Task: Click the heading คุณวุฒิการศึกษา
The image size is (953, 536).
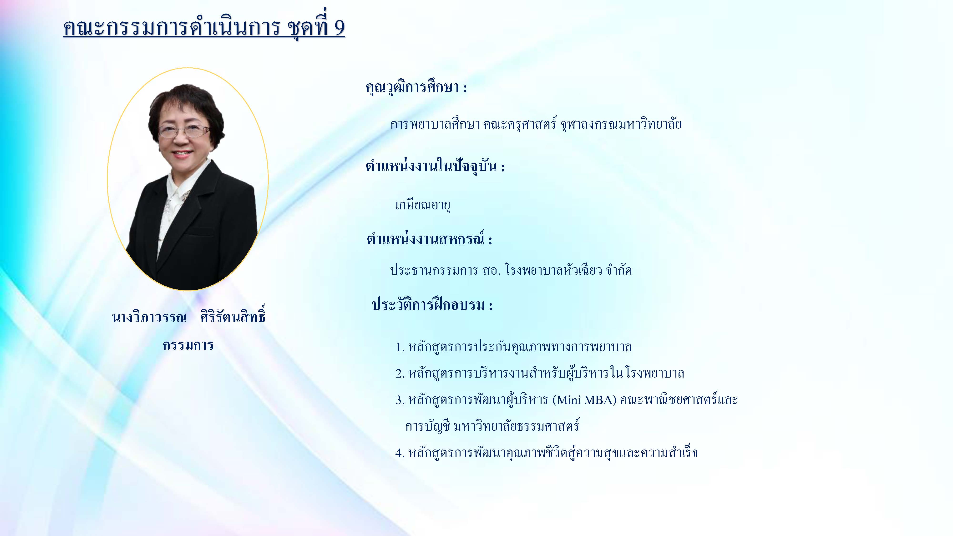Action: click(x=412, y=88)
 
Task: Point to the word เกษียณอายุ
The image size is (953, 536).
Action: click(x=422, y=205)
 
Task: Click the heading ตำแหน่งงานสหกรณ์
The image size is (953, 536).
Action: click(x=426, y=239)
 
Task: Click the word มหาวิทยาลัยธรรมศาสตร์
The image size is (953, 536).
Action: click(x=516, y=426)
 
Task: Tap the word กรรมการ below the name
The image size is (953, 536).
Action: click(x=188, y=345)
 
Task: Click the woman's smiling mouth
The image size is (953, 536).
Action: click(x=182, y=153)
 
